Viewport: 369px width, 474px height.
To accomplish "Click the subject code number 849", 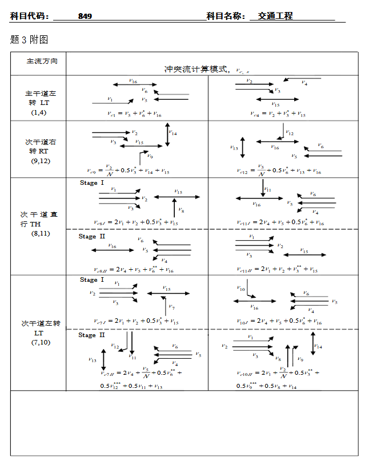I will coord(85,16).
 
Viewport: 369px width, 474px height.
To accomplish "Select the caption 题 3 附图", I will coord(29,39).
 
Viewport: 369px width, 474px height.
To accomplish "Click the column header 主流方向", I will coord(38,61).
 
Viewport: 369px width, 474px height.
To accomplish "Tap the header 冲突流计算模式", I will coord(197,69).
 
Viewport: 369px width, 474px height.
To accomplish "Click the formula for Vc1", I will coord(135,114).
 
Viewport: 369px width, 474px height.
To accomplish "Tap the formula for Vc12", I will coord(279,170).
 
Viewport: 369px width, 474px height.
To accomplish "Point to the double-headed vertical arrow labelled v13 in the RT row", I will coord(243,147).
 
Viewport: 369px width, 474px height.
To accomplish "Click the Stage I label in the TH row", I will coord(92,183).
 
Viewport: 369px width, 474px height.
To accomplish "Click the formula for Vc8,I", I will coord(136,222).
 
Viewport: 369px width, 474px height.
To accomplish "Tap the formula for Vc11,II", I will coord(278,269).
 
